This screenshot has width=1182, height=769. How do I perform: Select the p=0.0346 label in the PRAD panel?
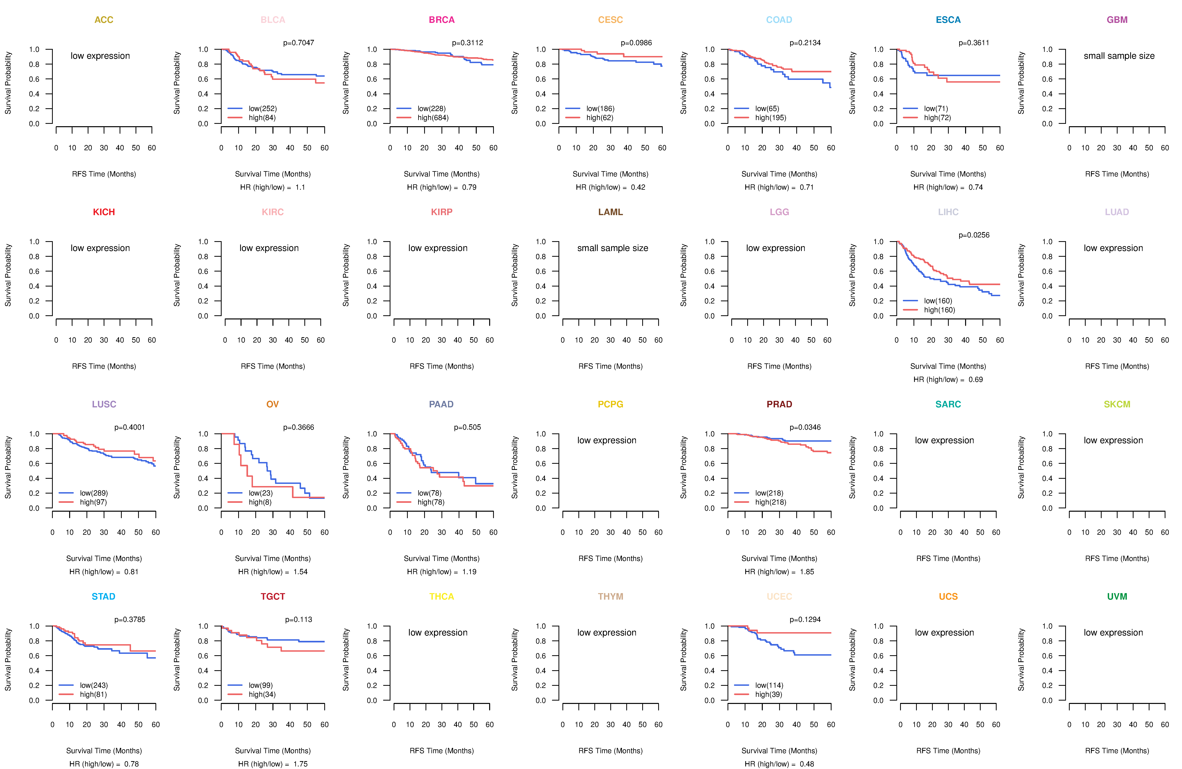(x=805, y=427)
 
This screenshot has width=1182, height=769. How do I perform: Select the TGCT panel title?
(x=273, y=596)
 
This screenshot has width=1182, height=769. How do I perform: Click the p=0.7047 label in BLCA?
(x=298, y=43)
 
